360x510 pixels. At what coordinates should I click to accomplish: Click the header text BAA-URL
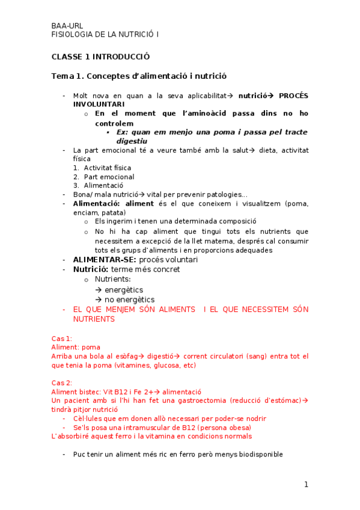click(67, 26)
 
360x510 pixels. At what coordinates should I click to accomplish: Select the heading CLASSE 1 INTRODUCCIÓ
click(100, 57)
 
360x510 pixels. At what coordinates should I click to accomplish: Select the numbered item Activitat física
click(107, 168)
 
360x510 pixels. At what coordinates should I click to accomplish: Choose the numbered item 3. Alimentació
click(102, 186)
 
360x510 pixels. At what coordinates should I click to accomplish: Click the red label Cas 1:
click(62, 339)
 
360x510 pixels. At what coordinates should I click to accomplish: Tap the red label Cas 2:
click(62, 382)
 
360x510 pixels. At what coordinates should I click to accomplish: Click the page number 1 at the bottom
click(306, 484)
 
